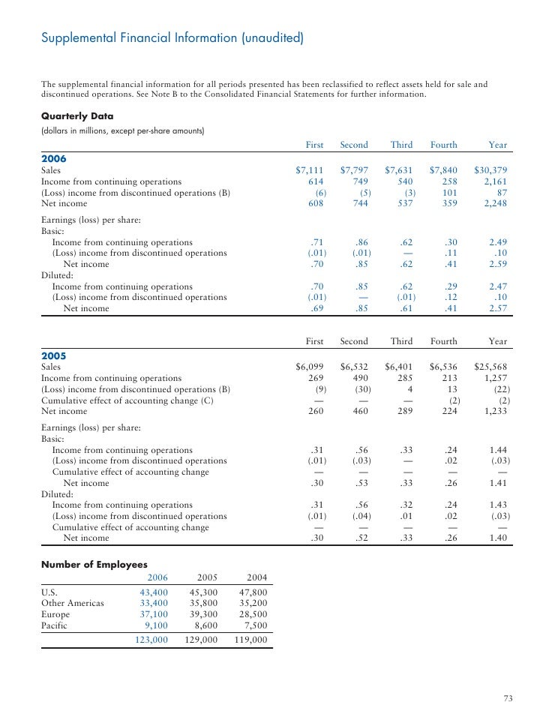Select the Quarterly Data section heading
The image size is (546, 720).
coord(77,116)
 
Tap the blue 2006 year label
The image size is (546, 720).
coord(53,159)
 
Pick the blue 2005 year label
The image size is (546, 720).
coord(53,356)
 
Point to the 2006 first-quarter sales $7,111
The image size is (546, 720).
coord(310,170)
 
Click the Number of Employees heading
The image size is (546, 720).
coord(94,564)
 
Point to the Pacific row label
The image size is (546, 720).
coord(54,624)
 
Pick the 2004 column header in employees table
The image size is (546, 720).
coord(257,577)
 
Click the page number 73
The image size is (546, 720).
coord(508,699)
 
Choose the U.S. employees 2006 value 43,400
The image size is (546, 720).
coord(154,592)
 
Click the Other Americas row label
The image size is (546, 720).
coord(73,602)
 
